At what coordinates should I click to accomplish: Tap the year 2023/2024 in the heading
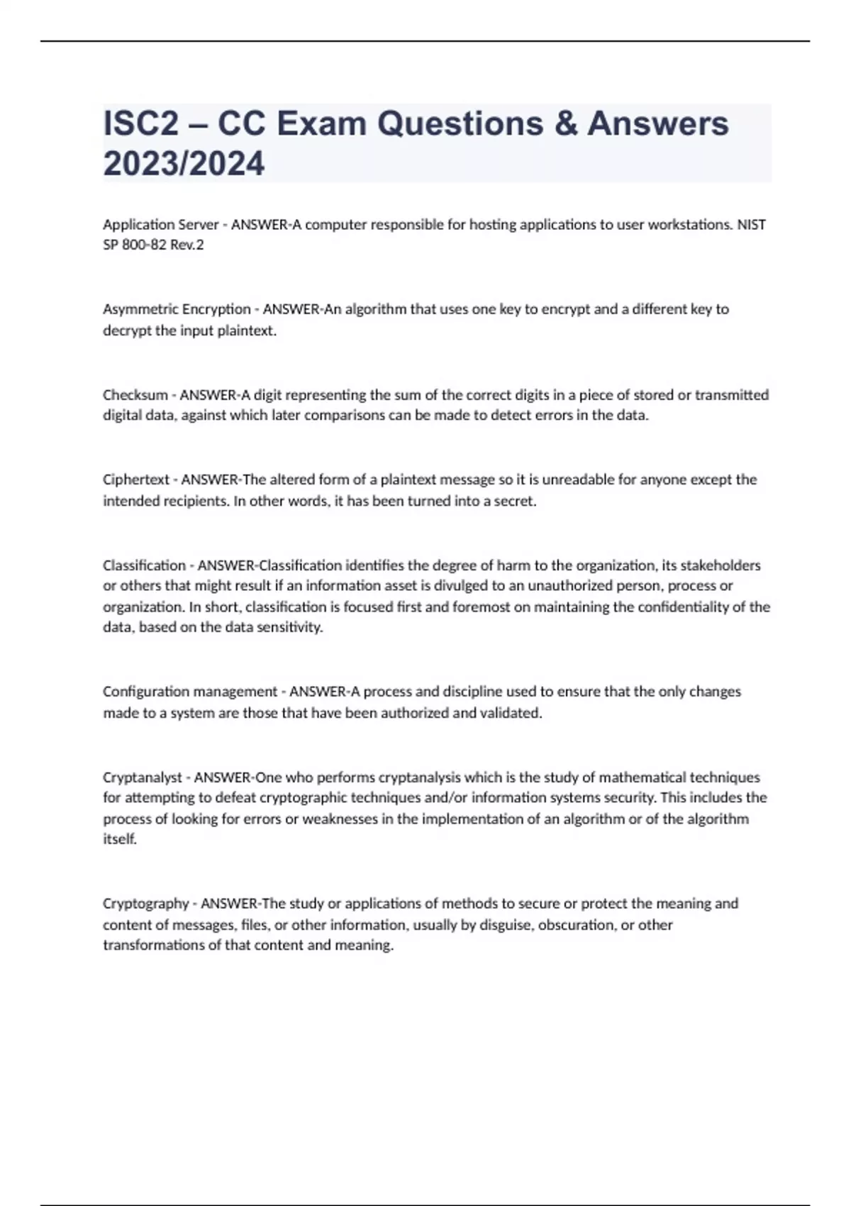(x=184, y=164)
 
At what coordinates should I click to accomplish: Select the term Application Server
(x=160, y=225)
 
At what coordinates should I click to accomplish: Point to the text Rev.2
(x=187, y=245)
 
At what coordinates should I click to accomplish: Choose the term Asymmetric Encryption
(x=177, y=309)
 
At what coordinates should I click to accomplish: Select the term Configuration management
(x=190, y=692)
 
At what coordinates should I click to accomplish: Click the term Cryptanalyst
(x=142, y=778)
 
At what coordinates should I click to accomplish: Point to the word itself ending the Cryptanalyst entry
(x=118, y=839)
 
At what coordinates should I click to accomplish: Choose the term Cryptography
(x=145, y=904)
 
